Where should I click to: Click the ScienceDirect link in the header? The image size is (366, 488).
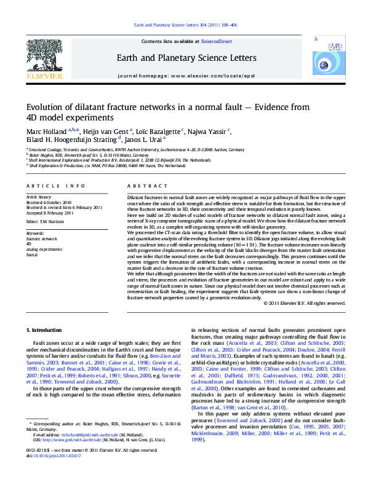(x=217, y=41)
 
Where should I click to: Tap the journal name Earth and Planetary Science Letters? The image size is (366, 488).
(x=187, y=58)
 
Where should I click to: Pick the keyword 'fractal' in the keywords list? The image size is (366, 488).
(x=32, y=254)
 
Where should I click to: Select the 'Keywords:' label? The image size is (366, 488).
(x=36, y=234)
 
